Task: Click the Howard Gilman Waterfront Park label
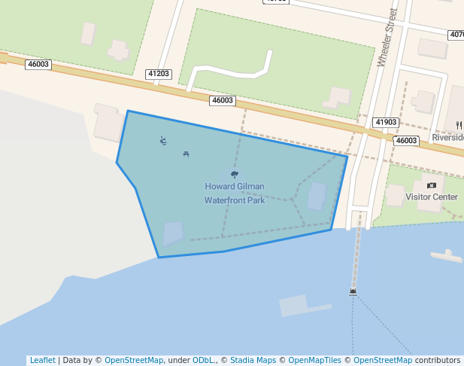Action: (x=235, y=194)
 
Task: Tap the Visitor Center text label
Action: (x=432, y=197)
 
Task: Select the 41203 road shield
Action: (x=159, y=74)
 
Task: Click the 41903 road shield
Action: (x=386, y=122)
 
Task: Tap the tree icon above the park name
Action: (x=235, y=175)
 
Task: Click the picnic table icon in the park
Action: (x=186, y=154)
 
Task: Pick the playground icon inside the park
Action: (x=163, y=141)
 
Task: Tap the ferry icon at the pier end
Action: (x=353, y=292)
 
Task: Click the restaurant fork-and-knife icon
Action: (x=459, y=125)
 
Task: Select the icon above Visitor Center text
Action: (x=431, y=185)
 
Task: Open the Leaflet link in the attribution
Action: (x=42, y=360)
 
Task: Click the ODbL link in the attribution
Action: (x=202, y=360)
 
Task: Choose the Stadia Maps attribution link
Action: (x=253, y=360)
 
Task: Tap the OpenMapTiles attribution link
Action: (x=314, y=360)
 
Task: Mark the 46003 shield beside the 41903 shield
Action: (x=406, y=141)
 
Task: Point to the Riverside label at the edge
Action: (x=448, y=137)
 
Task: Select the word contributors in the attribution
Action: (x=438, y=360)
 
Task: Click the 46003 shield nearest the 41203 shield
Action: (x=223, y=100)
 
